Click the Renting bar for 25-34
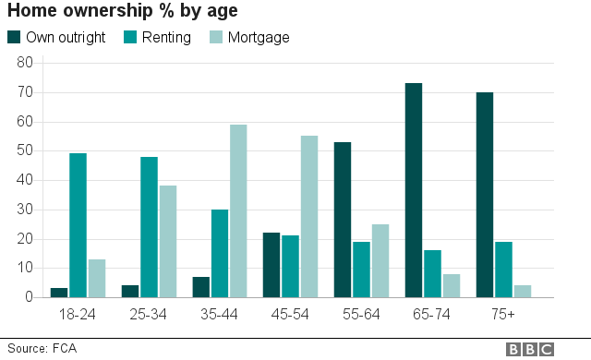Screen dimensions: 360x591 tap(149, 227)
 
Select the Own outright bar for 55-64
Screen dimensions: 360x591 tap(344, 220)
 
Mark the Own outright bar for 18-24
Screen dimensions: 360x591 tap(60, 293)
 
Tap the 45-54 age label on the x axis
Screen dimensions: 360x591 tap(290, 315)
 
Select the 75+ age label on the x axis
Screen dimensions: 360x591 tap(502, 315)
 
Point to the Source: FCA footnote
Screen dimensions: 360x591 tap(40, 349)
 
